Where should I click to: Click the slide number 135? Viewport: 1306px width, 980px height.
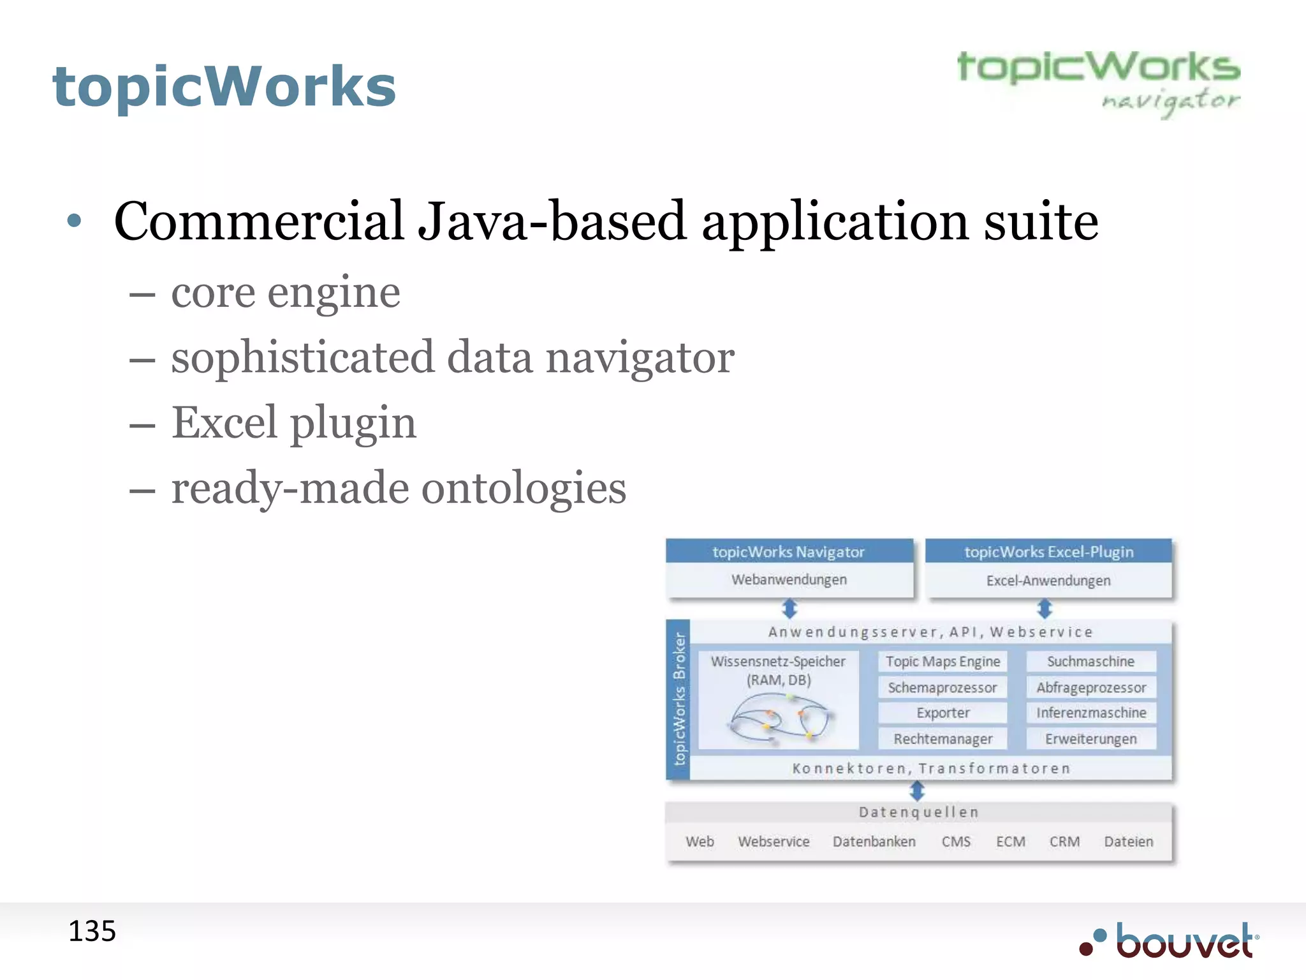(92, 931)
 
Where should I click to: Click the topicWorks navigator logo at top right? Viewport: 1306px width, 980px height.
(1098, 83)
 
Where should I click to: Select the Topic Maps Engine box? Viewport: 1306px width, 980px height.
(943, 662)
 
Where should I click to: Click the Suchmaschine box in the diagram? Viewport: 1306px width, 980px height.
(1090, 662)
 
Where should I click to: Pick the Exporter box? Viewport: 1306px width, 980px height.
(943, 713)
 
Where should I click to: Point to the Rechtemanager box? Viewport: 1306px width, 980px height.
(943, 739)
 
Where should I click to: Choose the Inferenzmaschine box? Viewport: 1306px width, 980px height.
(1090, 713)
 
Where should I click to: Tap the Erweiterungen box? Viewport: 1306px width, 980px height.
(1090, 739)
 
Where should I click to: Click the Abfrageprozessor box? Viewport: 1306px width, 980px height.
(1090, 687)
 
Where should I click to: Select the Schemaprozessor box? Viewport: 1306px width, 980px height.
(943, 687)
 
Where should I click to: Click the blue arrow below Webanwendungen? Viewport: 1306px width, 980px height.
(789, 608)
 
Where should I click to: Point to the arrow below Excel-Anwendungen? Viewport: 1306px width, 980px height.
(1044, 608)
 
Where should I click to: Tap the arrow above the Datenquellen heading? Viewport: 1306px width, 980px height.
(917, 791)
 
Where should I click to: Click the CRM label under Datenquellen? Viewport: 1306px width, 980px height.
(1064, 842)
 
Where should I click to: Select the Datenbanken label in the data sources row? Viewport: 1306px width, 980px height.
(874, 842)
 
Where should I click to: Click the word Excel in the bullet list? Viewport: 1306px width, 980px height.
(224, 422)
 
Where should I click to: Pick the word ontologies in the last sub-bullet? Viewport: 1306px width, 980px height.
(524, 488)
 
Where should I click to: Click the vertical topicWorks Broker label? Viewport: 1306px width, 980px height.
(679, 699)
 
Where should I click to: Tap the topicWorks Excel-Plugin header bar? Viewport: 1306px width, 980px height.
(1048, 552)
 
